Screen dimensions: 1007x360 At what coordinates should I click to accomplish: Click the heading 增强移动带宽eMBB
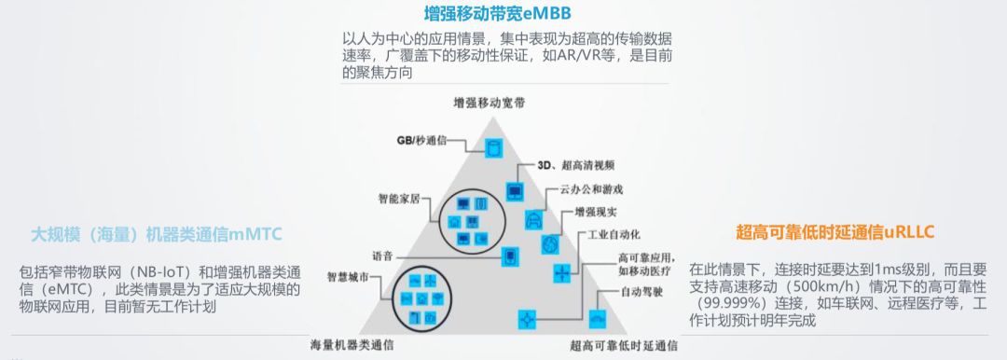497,13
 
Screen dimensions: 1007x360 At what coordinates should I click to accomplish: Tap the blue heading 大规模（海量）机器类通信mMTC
157,235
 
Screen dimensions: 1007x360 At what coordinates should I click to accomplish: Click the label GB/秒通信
421,140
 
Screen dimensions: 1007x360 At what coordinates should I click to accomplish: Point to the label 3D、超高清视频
576,165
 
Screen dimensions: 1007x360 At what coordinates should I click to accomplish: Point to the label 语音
383,256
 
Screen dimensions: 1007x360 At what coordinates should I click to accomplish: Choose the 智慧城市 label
348,278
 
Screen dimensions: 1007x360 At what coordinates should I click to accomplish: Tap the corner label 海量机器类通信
352,345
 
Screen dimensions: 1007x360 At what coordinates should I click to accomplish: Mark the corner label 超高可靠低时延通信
624,345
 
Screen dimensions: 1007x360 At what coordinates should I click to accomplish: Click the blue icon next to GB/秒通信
493,148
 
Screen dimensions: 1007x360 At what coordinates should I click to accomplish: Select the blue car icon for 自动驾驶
598,319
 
